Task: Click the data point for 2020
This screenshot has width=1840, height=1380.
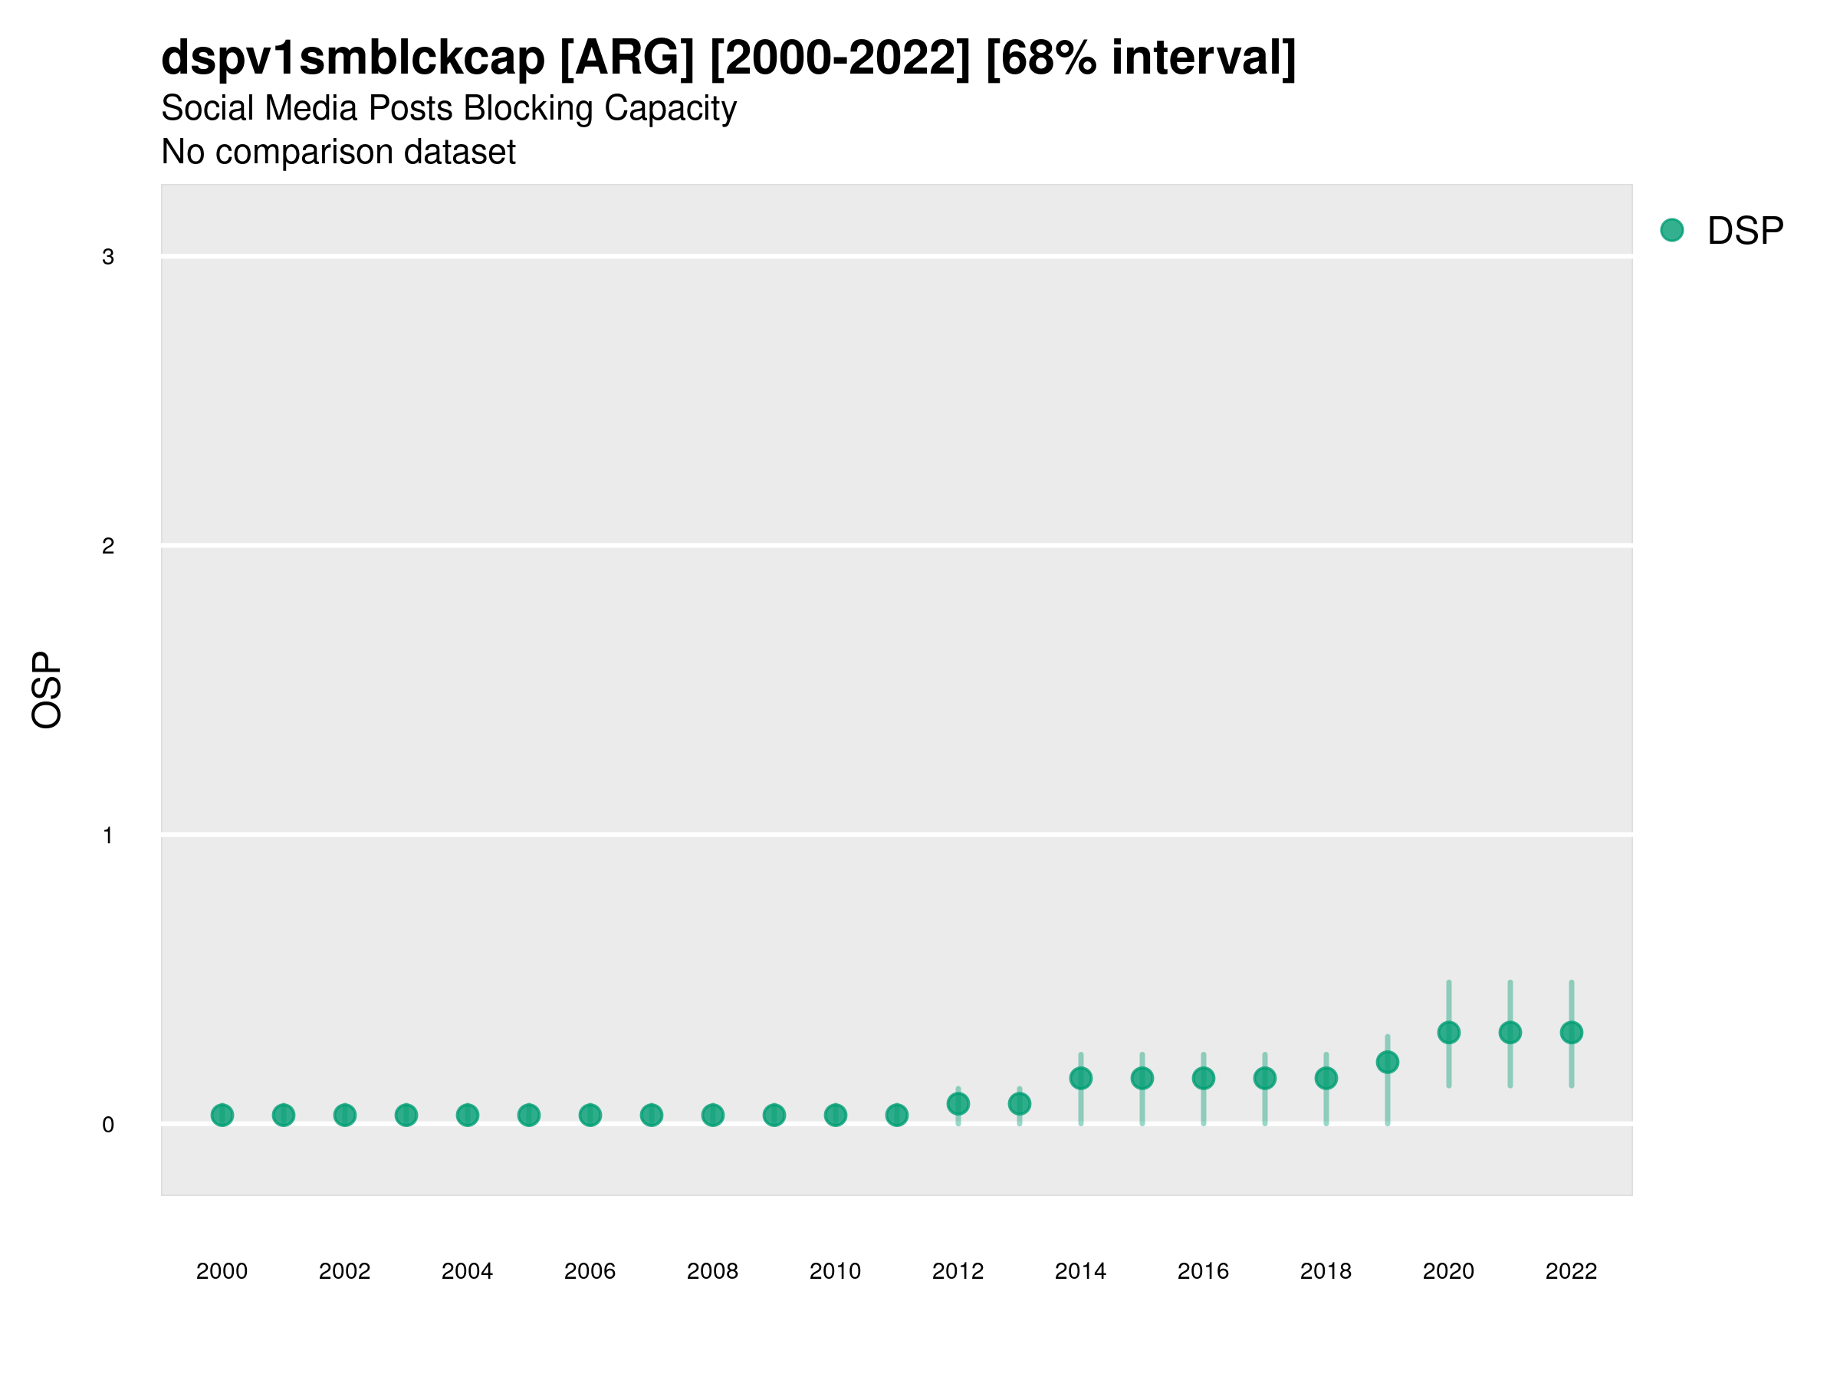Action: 1448,1032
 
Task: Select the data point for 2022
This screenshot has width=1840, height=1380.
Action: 1572,1032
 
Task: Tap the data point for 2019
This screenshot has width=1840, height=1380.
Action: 1388,1063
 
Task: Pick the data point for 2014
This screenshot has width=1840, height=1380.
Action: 1080,1078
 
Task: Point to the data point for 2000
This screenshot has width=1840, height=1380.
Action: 222,1115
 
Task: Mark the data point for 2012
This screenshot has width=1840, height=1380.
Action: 958,1104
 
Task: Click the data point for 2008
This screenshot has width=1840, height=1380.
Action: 713,1115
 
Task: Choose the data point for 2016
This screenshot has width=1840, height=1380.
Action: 1204,1078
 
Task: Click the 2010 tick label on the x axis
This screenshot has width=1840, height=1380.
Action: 835,1271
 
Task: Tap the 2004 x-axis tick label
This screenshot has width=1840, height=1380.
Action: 468,1271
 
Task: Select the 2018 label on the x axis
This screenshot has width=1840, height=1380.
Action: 1326,1271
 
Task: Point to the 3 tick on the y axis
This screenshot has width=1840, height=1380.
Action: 108,257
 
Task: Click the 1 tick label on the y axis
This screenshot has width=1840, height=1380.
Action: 108,835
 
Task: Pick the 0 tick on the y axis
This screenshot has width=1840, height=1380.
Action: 108,1125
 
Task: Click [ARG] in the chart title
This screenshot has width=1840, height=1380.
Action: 627,58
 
